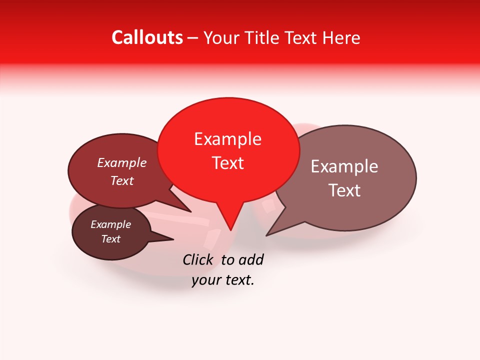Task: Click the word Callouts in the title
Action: click(x=147, y=37)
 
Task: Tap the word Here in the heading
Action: click(x=340, y=37)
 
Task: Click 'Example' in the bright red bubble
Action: click(x=227, y=139)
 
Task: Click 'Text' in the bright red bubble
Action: click(x=228, y=163)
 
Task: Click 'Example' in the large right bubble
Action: click(x=344, y=166)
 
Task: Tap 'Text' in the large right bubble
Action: click(x=344, y=190)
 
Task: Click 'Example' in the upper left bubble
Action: click(x=121, y=162)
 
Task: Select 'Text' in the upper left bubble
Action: click(x=121, y=180)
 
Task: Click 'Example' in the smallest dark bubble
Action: click(x=110, y=224)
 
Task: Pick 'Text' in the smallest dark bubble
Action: click(x=110, y=239)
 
